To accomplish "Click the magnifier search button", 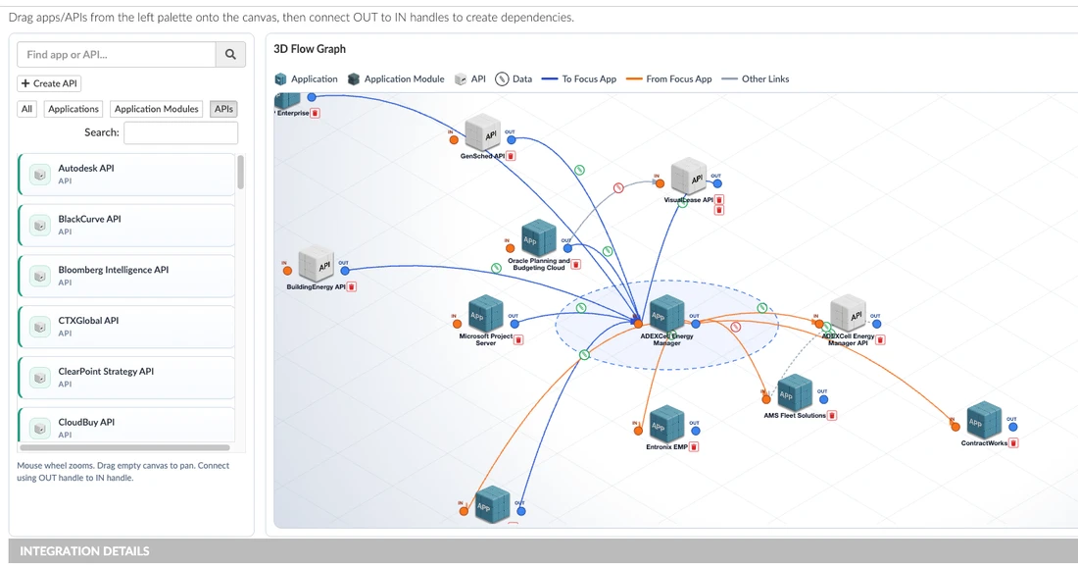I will [230, 55].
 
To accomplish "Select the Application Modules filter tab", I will [157, 109].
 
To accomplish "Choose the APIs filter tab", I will [223, 109].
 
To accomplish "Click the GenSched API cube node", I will [482, 133].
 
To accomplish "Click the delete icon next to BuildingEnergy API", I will [352, 286].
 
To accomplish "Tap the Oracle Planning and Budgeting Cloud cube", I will [538, 238].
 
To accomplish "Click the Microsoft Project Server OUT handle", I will [514, 322].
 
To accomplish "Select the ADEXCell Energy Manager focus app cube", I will [666, 314].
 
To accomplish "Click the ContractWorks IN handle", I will [954, 426].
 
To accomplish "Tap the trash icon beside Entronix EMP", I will [694, 447].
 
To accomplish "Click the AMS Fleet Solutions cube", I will [795, 392].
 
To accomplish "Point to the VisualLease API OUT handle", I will [717, 182].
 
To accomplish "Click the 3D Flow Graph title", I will [310, 49].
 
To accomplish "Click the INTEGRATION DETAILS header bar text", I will [84, 551].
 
